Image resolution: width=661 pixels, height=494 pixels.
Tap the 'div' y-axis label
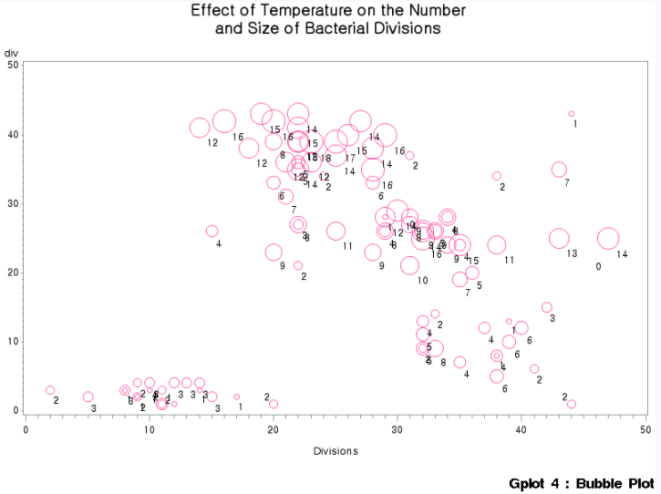[x=11, y=53]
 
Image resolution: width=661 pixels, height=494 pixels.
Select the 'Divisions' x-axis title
[x=336, y=451]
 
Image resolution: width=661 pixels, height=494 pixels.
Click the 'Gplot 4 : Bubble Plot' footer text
[x=582, y=482]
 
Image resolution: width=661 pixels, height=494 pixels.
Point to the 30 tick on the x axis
[x=398, y=428]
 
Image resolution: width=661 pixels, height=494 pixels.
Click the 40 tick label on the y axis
[x=11, y=135]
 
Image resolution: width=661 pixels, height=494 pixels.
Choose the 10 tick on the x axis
[x=150, y=428]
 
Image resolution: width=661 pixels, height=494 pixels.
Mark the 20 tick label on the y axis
[x=11, y=273]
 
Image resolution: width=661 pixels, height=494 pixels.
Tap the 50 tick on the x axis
[x=645, y=428]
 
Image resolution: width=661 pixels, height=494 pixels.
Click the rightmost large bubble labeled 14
[x=608, y=239]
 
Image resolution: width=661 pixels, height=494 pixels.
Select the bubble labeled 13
[x=559, y=239]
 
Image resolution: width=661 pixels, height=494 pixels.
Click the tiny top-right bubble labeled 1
[x=572, y=114]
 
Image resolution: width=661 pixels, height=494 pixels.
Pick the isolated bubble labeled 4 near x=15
[x=212, y=232]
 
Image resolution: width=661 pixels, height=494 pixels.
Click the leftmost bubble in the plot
[x=50, y=390]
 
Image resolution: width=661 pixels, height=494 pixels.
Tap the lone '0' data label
[x=598, y=267]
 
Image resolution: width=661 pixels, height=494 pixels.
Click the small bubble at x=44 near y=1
[x=571, y=404]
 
